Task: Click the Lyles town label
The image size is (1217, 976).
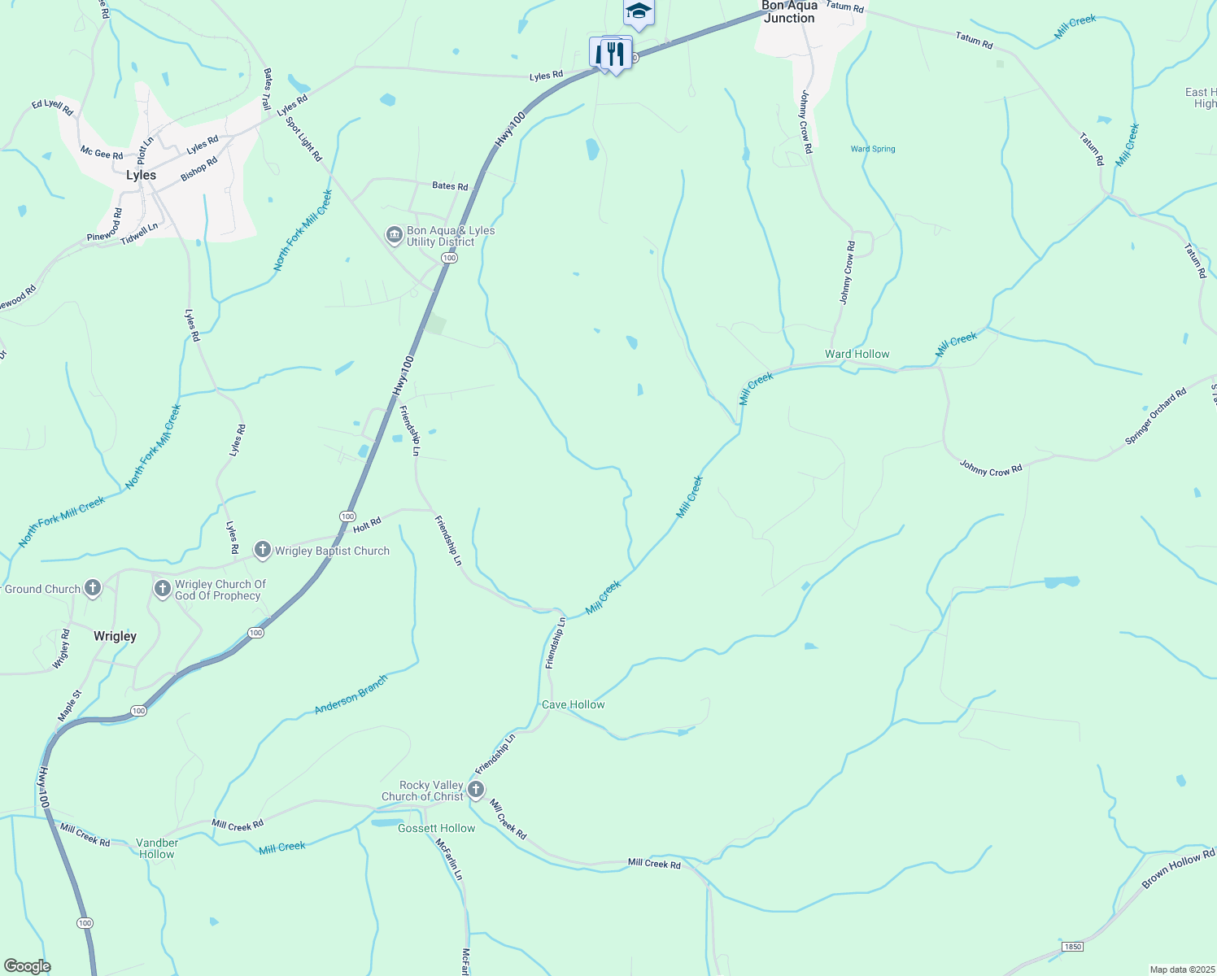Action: click(141, 175)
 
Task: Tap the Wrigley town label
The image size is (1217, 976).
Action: click(115, 636)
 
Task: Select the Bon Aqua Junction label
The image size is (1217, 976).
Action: click(789, 12)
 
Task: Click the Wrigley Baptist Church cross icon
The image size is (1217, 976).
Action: click(263, 551)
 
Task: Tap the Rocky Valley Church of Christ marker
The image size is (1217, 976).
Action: click(476, 789)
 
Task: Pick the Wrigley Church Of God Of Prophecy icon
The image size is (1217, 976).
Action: click(163, 588)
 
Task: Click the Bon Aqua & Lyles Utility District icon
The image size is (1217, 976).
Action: click(395, 235)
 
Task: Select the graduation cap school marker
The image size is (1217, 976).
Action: click(639, 11)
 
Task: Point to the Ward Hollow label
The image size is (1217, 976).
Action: click(857, 354)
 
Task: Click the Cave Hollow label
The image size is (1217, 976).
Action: click(573, 704)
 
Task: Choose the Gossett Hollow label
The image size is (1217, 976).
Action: click(436, 828)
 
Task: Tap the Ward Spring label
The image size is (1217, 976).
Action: click(873, 149)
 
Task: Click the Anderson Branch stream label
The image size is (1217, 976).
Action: click(351, 695)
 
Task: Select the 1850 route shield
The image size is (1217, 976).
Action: click(1073, 946)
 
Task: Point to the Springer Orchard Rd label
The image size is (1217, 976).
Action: click(1155, 416)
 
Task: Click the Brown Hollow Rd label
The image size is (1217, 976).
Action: click(1178, 868)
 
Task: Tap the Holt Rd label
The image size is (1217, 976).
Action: click(367, 525)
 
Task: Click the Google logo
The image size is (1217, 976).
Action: click(27, 965)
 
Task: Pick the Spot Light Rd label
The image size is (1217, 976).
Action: click(304, 138)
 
